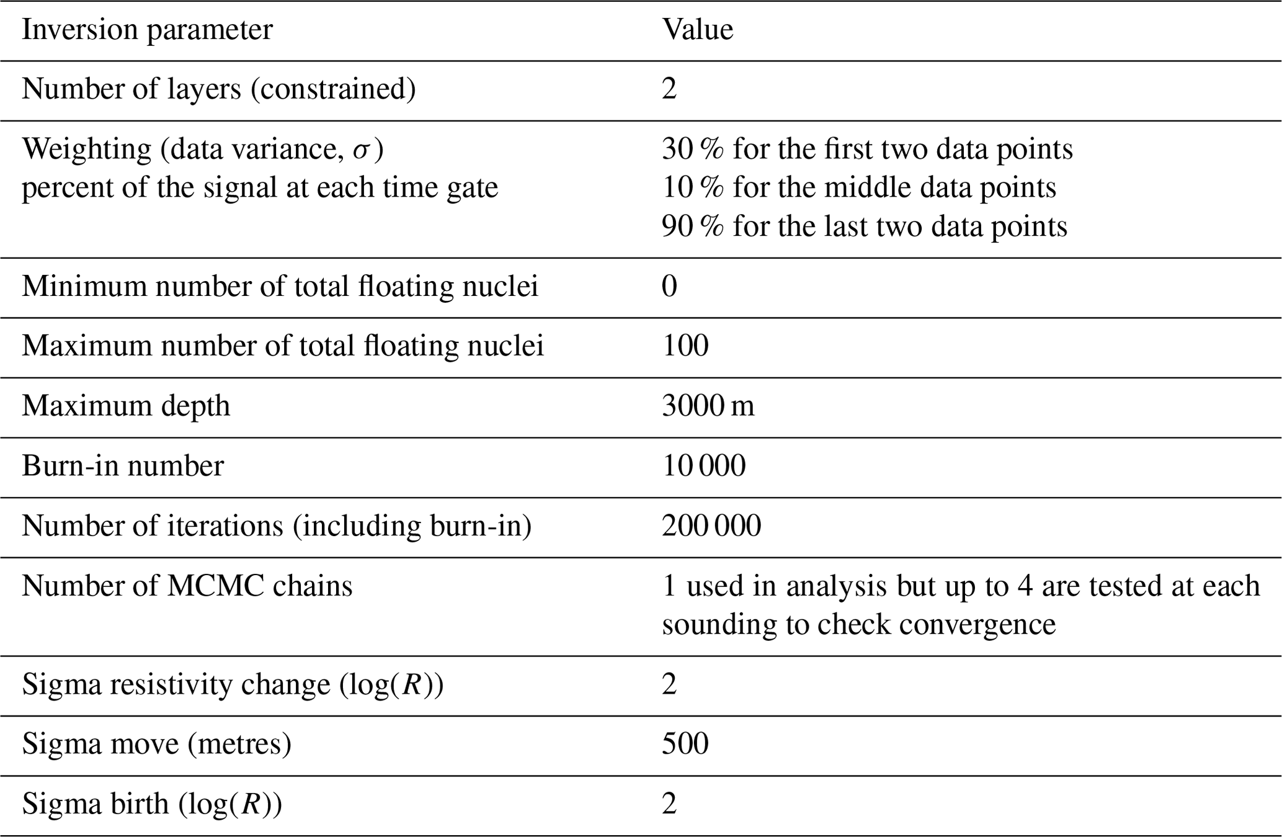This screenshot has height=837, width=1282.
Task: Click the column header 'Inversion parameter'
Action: (x=147, y=30)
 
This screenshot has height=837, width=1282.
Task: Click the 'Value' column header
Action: (x=697, y=30)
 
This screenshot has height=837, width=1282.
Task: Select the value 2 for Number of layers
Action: (x=669, y=90)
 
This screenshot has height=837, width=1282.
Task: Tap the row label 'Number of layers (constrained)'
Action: (x=218, y=90)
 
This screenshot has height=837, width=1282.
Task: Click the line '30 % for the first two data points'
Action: (x=867, y=150)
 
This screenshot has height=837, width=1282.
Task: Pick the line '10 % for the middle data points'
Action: (x=859, y=188)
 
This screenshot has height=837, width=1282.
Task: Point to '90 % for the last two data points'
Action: (x=865, y=226)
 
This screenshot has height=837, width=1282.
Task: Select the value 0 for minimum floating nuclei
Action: (x=669, y=287)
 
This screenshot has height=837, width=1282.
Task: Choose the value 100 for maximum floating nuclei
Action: (x=685, y=346)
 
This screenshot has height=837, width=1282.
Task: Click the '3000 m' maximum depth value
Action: (x=708, y=406)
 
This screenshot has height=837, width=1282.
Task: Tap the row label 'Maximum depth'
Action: (x=126, y=406)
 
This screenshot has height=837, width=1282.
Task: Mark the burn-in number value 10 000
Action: (x=703, y=466)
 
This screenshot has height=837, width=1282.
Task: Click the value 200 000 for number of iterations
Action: (x=711, y=526)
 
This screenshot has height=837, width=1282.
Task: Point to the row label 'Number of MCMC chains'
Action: (x=187, y=586)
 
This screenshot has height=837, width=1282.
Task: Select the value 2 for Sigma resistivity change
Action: (x=669, y=685)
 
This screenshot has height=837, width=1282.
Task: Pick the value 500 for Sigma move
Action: (x=685, y=745)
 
